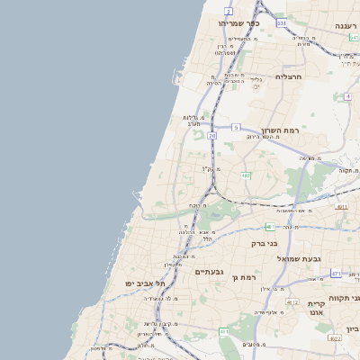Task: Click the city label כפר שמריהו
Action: [238, 23]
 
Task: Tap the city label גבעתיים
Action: [209, 271]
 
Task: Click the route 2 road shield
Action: [229, 11]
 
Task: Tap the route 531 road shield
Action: [282, 23]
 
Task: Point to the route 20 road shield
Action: [211, 136]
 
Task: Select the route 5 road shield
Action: [236, 128]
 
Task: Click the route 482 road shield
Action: [246, 175]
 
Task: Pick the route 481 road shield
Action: [270, 226]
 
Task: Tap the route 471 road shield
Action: [336, 274]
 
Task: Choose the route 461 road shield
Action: [224, 332]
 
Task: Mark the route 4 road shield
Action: [347, 96]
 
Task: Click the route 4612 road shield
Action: [292, 301]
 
